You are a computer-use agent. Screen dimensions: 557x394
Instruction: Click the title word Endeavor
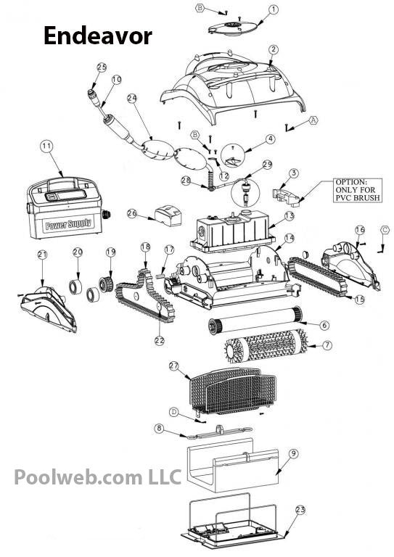pos(98,36)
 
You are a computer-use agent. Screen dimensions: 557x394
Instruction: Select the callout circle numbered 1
pos(273,9)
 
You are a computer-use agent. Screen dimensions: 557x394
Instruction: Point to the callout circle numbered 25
pos(102,67)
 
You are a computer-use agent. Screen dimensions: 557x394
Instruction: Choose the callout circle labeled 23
pos(300,510)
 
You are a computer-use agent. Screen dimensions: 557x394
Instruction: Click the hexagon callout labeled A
pos(314,119)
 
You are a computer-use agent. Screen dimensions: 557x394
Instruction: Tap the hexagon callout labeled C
pos(385,230)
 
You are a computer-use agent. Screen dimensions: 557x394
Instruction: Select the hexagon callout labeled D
pos(174,412)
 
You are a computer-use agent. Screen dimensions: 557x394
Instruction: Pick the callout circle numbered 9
pos(293,453)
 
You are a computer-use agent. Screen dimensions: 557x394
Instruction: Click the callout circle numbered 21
pos(41,254)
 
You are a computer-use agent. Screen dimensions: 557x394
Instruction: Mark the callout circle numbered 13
pos(289,216)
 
